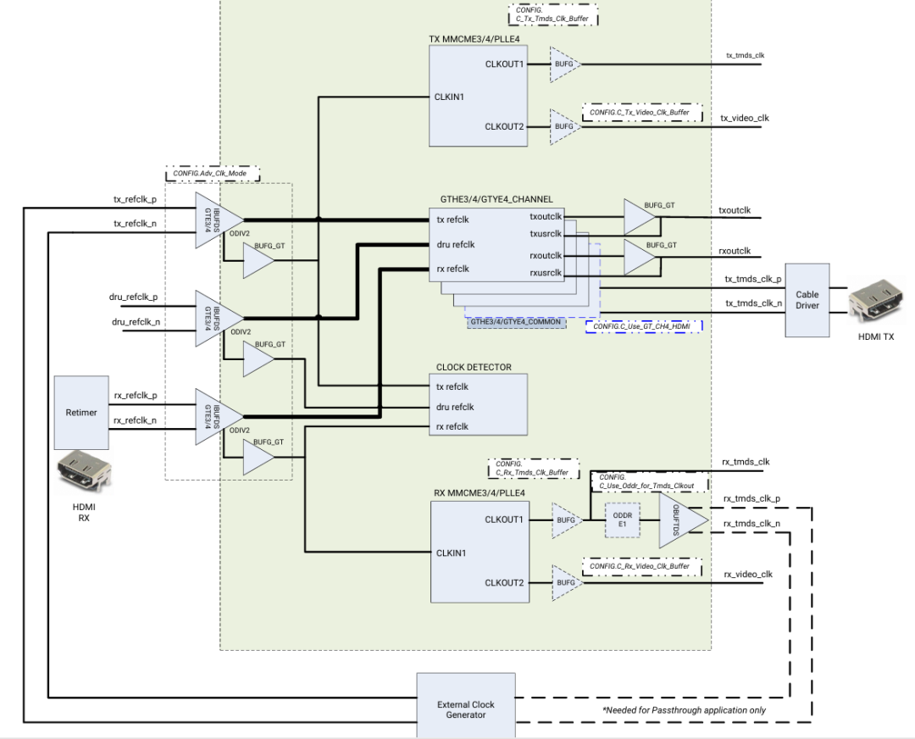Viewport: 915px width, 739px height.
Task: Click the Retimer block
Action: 81,412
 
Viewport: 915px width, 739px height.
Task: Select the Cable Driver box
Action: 807,300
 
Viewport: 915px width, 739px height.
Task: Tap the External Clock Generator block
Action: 466,708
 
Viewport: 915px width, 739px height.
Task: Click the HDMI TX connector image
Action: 875,303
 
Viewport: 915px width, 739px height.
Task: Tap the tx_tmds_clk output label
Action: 745,55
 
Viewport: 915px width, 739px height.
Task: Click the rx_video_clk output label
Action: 747,575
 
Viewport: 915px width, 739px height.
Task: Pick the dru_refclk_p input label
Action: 135,297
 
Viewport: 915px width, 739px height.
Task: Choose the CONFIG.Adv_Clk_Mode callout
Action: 212,175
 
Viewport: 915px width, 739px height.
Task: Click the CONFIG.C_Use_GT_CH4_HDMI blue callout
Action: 644,325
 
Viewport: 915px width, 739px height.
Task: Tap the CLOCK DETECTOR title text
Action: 474,367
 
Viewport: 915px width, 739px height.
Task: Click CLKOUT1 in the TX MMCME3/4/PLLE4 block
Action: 505,64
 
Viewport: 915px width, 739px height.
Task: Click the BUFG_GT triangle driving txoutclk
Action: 640,217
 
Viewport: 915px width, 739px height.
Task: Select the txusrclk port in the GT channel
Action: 546,234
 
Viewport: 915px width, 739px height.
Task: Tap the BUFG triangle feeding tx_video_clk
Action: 563,125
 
